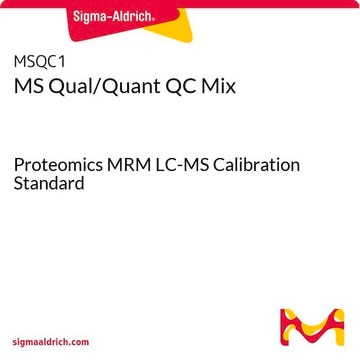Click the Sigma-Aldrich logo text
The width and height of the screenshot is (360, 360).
pyautogui.click(x=114, y=17)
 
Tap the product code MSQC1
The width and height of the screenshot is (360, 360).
pyautogui.click(x=39, y=62)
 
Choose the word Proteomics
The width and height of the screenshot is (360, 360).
pyautogui.click(x=58, y=166)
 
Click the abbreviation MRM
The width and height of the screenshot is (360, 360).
pyautogui.click(x=127, y=165)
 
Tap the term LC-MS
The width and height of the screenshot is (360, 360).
pyautogui.click(x=180, y=165)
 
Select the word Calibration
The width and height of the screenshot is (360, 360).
pyautogui.click(x=256, y=165)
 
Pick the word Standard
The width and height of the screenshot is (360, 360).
pyautogui.click(x=49, y=183)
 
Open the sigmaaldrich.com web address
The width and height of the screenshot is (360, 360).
pyautogui.click(x=51, y=342)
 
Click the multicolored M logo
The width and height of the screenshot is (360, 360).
pyautogui.click(x=312, y=327)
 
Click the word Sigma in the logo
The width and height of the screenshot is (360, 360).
pyautogui.click(x=88, y=17)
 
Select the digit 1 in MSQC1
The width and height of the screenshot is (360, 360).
pyautogui.click(x=61, y=62)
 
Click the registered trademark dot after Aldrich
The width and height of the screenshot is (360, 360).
pyautogui.click(x=153, y=20)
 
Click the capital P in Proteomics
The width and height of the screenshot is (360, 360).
pyautogui.click(x=18, y=165)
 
